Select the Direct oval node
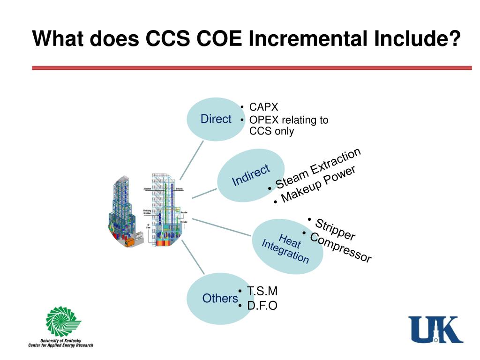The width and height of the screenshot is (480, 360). tap(215, 119)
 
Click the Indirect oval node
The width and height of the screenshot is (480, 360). tap(250, 175)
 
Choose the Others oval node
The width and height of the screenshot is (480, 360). tap(219, 299)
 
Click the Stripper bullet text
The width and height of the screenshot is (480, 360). tap(335, 229)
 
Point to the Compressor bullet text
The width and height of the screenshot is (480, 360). tap(341, 247)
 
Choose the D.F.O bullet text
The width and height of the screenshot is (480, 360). tap(262, 306)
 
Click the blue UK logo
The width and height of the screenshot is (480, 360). tap(435, 330)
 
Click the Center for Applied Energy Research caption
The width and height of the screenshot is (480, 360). tap(60, 345)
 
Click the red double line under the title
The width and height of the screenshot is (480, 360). tap(252, 68)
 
